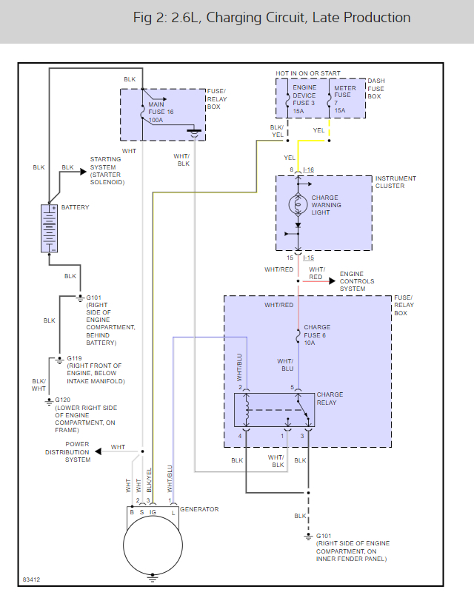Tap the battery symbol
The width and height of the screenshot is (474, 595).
50,229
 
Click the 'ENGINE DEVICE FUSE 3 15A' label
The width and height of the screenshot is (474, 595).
304,99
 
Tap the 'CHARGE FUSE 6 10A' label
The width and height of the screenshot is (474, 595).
317,335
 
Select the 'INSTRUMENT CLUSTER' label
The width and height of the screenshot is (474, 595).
395,182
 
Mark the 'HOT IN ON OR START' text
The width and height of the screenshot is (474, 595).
307,73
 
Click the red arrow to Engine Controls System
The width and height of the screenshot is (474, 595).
318,281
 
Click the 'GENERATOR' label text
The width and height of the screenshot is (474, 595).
199,509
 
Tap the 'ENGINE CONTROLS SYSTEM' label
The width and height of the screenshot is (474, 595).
357,281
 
